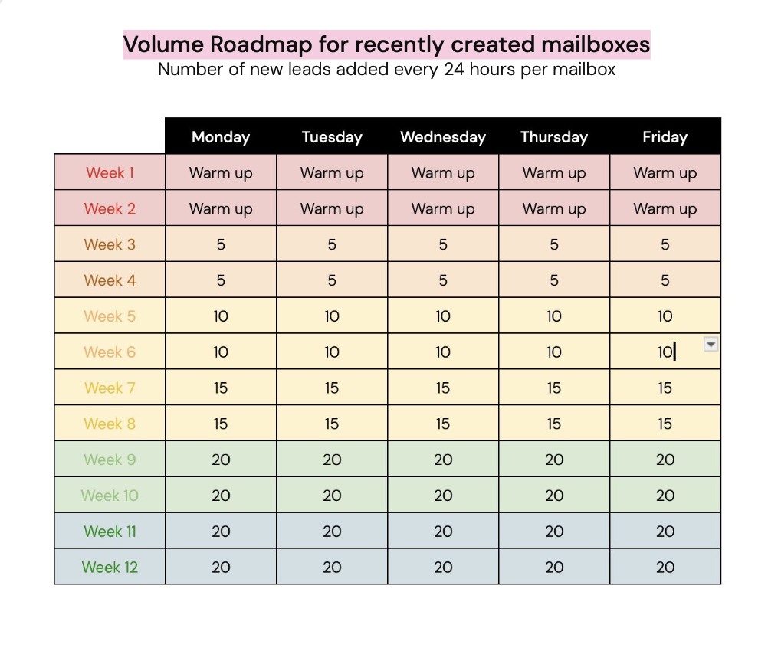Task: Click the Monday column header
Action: point(221,137)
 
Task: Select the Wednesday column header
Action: point(443,137)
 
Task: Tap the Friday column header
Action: point(665,137)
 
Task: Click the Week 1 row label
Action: point(110,173)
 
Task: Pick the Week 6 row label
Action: point(110,352)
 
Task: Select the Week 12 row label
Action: point(110,568)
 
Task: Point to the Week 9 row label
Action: point(110,460)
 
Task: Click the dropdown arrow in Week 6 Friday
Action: point(711,345)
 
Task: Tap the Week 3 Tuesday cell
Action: point(332,244)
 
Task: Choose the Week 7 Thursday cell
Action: point(554,388)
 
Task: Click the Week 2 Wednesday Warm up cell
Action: point(443,209)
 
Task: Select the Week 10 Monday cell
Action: point(221,496)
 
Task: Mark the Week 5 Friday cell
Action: point(665,316)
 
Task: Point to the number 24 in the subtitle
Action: point(455,69)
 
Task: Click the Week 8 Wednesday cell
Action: point(443,424)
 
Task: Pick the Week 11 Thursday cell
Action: point(554,532)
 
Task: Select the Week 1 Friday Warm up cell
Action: point(665,173)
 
